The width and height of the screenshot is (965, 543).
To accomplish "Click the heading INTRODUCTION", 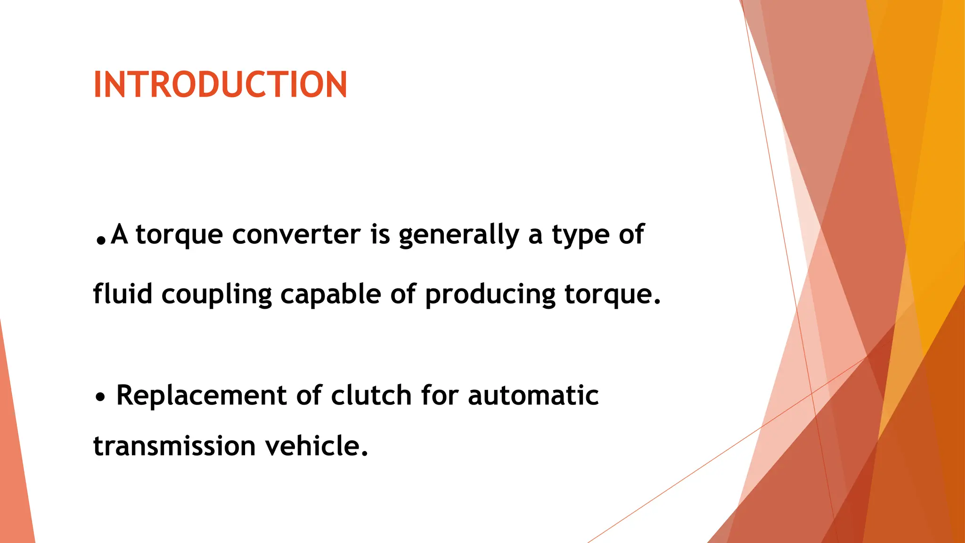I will [x=220, y=85].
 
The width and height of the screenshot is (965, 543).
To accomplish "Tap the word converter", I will [x=296, y=234].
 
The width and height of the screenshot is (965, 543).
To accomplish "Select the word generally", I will [x=459, y=235].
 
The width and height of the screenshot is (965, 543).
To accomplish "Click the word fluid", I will [x=123, y=294].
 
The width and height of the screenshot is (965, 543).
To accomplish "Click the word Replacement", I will [x=201, y=395].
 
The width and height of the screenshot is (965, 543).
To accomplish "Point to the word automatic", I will [x=533, y=395].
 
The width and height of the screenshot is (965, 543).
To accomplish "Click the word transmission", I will [x=174, y=446].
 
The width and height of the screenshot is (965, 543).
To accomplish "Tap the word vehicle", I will [x=316, y=446].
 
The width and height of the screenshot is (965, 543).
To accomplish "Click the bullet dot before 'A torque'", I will [x=100, y=241].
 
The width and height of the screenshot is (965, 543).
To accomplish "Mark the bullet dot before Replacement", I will [x=100, y=397].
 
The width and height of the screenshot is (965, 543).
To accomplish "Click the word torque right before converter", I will [x=179, y=235].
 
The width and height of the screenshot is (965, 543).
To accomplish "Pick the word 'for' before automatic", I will [x=439, y=395].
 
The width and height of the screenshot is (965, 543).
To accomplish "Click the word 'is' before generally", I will [x=380, y=234].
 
